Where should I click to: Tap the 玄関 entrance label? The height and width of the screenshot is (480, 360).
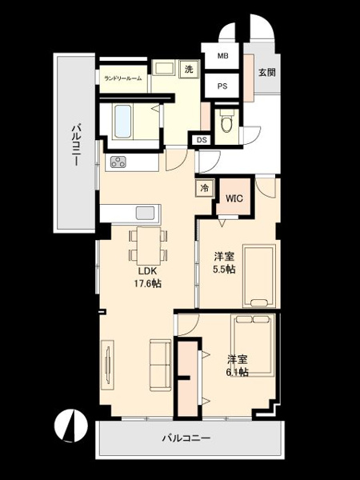(266, 72)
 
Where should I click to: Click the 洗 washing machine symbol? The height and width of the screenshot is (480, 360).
(189, 70)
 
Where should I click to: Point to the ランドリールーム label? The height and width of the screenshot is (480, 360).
(122, 78)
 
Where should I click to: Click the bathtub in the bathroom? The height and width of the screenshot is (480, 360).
(124, 122)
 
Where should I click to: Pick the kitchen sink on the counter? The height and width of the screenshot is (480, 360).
(146, 214)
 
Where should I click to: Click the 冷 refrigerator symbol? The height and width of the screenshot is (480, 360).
(204, 189)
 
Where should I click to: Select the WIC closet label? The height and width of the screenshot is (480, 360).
(234, 197)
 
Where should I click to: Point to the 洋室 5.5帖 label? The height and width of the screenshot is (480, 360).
(224, 263)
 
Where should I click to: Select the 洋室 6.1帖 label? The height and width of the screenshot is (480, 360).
(237, 365)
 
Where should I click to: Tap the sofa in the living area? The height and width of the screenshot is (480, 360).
(161, 364)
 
